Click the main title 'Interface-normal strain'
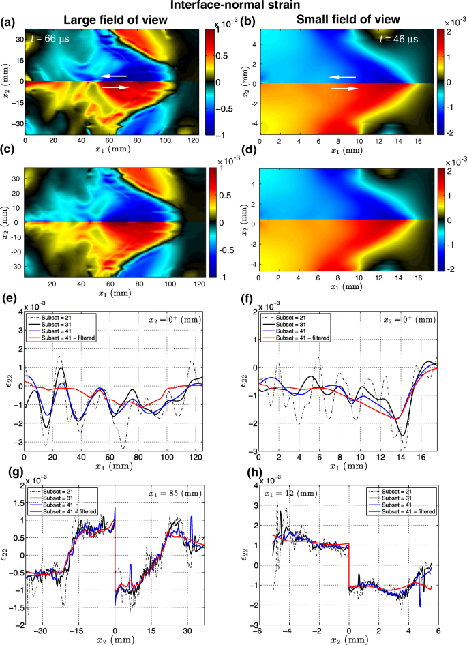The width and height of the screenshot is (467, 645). coord(232,6)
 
